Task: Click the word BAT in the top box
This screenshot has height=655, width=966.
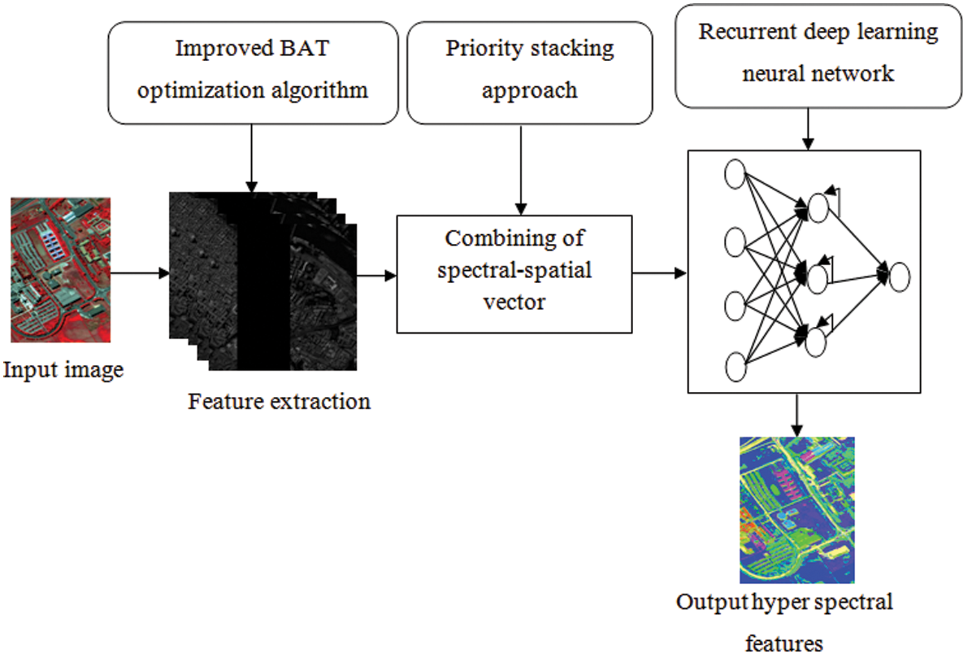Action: pyautogui.click(x=305, y=48)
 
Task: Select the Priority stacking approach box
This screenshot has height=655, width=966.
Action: pyautogui.click(x=529, y=72)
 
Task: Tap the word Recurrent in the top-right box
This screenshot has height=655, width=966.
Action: pyautogui.click(x=747, y=32)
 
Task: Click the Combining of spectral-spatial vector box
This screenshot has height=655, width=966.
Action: pyautogui.click(x=514, y=273)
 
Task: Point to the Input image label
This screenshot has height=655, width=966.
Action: pyautogui.click(x=63, y=370)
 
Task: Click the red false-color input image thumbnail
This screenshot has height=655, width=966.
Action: pyautogui.click(x=61, y=270)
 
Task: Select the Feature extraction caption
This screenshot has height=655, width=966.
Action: pyautogui.click(x=279, y=401)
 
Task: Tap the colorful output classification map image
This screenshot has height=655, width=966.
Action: pyautogui.click(x=797, y=510)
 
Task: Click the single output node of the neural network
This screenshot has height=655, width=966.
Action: pyautogui.click(x=899, y=277)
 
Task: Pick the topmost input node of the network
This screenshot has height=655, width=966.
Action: pyautogui.click(x=735, y=174)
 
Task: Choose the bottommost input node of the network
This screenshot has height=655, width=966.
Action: pyautogui.click(x=735, y=367)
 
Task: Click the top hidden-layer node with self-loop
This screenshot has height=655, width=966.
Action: pyautogui.click(x=818, y=208)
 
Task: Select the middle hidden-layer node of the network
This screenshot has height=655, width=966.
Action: pyautogui.click(x=817, y=279)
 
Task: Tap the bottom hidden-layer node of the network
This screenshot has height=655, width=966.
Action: pyautogui.click(x=815, y=342)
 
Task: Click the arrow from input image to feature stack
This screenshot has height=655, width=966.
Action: pyautogui.click(x=139, y=273)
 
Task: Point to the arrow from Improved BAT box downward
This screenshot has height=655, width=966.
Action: pyautogui.click(x=252, y=158)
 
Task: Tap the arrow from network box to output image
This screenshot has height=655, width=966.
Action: pyautogui.click(x=797, y=415)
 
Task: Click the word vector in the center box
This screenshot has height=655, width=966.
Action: pyautogui.click(x=514, y=302)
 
